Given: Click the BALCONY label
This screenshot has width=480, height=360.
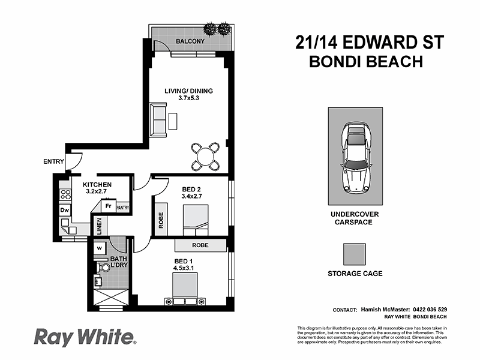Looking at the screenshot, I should [x=190, y=41].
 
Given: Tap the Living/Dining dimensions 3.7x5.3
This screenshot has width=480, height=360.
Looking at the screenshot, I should [x=189, y=99].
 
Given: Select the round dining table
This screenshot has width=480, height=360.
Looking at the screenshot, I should [x=205, y=156].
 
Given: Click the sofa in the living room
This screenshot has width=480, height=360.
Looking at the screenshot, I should [x=160, y=119].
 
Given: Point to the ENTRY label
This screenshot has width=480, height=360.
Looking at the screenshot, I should [x=54, y=161].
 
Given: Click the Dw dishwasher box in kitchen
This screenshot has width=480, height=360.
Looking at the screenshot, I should [x=65, y=211].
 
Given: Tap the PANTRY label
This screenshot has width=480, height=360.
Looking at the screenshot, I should [x=122, y=208].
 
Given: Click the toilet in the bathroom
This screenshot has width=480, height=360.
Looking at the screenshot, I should [x=103, y=265].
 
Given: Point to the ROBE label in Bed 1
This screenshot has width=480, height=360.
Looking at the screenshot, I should [x=200, y=245].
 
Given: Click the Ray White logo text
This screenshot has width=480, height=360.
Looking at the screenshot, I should [x=84, y=337].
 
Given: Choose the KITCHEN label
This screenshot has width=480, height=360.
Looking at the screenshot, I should [x=97, y=184].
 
